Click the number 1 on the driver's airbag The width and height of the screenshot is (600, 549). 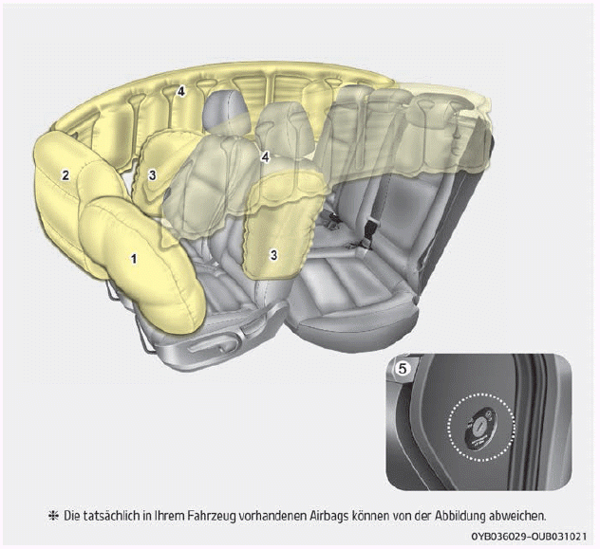(134, 259)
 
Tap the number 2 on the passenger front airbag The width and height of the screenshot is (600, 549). (66, 175)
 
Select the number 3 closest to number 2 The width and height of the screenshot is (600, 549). (152, 175)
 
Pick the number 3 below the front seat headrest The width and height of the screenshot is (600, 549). (273, 255)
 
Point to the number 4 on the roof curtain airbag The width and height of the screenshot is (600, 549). (180, 91)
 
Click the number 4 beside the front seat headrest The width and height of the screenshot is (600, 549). (266, 157)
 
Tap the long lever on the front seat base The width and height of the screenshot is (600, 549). (210, 347)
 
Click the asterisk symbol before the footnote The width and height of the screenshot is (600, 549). (53, 516)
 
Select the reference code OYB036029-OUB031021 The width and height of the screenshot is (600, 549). (529, 537)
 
